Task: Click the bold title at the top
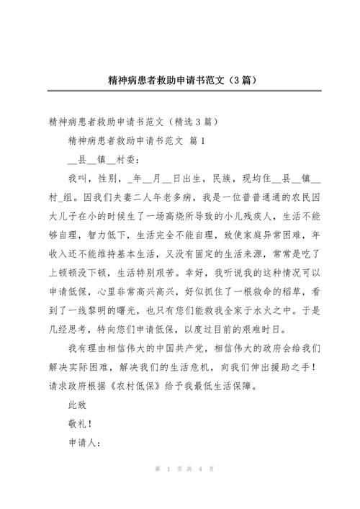click(180, 76)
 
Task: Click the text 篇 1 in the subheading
click(195, 140)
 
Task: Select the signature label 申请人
click(83, 441)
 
